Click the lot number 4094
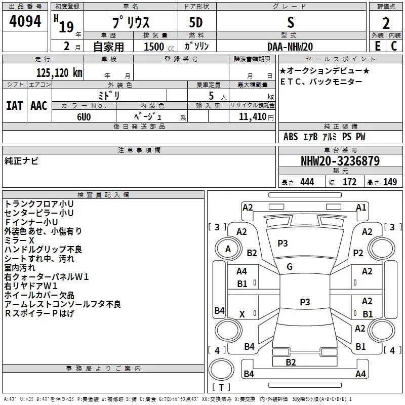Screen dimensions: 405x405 (25, 22)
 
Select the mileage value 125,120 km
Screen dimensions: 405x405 (59, 73)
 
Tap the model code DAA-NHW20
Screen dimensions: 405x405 (290, 47)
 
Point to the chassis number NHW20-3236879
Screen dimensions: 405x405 (340, 161)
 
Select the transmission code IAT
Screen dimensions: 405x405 (15, 106)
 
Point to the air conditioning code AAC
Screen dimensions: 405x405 (39, 106)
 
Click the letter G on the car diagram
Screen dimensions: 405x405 (289, 267)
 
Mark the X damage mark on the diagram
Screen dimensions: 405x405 (242, 314)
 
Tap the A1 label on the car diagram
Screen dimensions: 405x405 (361, 208)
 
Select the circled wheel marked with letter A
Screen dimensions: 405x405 (228, 249)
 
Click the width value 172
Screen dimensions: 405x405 (350, 182)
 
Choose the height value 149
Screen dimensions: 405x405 (390, 182)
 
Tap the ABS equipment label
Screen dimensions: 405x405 (291, 137)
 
